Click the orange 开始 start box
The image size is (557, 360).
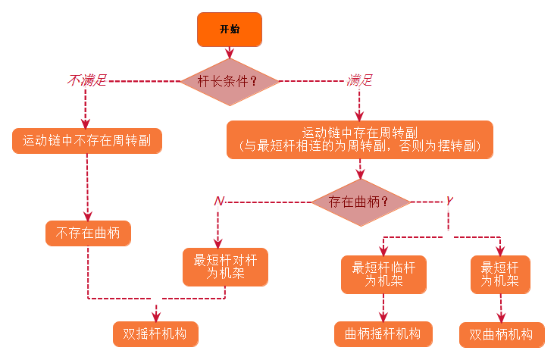point(229,29)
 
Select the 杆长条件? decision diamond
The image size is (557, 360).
point(229,80)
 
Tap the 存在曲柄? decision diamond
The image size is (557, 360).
point(360,202)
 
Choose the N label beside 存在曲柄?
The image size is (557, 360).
point(219,201)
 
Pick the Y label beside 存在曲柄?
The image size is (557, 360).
point(449,201)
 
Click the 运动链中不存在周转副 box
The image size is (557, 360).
point(88,140)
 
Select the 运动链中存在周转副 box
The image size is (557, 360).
point(360,139)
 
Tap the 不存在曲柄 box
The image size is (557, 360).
point(88,233)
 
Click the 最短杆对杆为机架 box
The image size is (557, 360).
point(225,267)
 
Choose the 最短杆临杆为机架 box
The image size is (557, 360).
point(383,274)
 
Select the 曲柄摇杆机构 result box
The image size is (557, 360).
point(383,333)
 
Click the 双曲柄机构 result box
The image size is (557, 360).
point(501,334)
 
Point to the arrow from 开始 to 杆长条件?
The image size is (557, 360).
point(229,52)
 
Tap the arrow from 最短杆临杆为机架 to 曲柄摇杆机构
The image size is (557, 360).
point(383,307)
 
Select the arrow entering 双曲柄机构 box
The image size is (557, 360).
point(501,308)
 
